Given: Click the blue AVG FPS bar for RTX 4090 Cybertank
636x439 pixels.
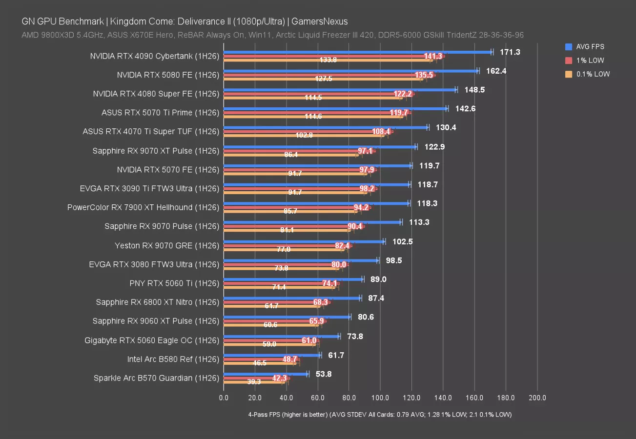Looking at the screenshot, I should click(x=358, y=52).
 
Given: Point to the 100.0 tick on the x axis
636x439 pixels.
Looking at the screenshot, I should click(x=380, y=398).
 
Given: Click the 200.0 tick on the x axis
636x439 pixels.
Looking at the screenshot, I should click(x=537, y=398).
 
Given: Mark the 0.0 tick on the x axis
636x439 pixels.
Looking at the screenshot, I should click(x=224, y=398).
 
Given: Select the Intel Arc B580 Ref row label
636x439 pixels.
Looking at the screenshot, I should click(x=173, y=359).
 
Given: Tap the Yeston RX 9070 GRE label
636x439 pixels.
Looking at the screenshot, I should click(x=167, y=245).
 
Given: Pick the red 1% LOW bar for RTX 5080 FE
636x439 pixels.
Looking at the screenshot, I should click(x=329, y=75).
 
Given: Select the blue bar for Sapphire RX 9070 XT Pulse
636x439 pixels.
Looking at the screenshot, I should click(x=320, y=147).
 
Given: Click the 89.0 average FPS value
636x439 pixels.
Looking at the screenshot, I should click(x=378, y=279).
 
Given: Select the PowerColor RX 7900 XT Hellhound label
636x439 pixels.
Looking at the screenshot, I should click(x=143, y=207).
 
